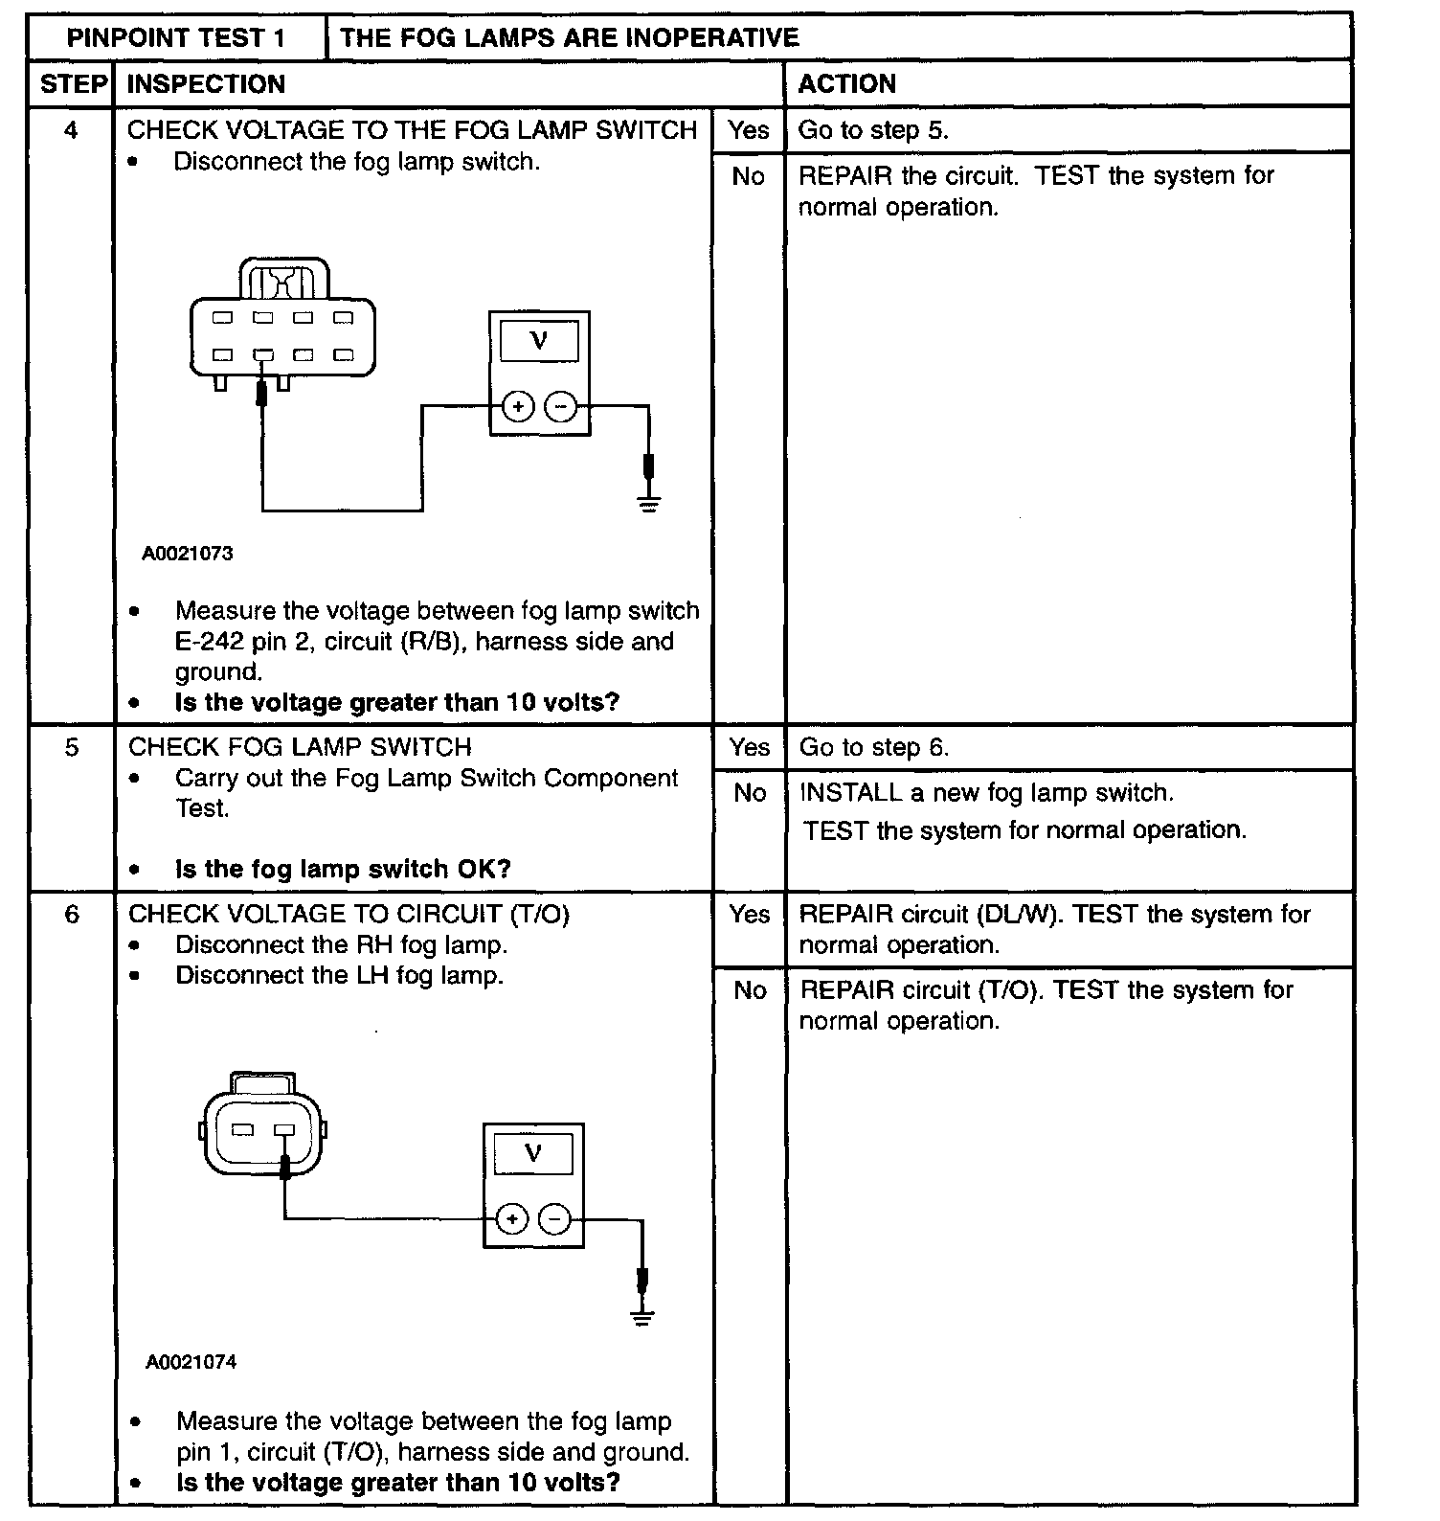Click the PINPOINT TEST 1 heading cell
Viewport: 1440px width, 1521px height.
[176, 38]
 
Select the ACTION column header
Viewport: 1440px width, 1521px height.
[846, 84]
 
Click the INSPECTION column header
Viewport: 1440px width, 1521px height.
[206, 84]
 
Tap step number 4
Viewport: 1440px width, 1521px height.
[71, 129]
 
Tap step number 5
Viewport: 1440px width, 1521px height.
[72, 746]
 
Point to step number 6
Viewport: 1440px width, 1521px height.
[72, 914]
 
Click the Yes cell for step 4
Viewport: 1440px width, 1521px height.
[748, 129]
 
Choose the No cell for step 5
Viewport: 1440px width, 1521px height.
[750, 793]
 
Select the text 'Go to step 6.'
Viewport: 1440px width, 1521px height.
[873, 747]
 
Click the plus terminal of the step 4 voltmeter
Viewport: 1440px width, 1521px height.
[518, 407]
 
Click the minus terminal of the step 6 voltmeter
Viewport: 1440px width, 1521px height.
[555, 1219]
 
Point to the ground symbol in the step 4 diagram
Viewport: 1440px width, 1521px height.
[649, 504]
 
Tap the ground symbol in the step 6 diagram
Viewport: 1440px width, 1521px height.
[642, 1316]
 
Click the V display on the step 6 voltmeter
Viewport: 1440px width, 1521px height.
[533, 1154]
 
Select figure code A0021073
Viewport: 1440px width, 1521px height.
[188, 554]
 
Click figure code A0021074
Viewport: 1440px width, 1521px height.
[191, 1362]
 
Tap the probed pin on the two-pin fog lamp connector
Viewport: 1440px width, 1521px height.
[284, 1130]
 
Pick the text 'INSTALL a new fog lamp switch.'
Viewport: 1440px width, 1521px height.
[986, 793]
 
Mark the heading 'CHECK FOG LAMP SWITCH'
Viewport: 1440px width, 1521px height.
[300, 747]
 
